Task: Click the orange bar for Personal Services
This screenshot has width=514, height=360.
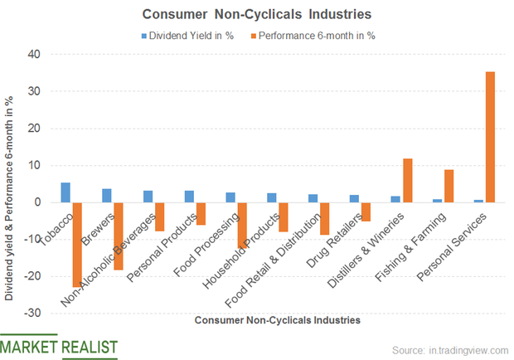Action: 490,137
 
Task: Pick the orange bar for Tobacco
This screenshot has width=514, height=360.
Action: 77,245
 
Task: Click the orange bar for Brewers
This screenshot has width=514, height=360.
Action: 118,236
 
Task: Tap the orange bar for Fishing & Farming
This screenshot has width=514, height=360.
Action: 449,186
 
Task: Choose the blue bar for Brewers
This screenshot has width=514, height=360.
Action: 107,196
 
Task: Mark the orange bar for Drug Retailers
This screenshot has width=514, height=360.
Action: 366,212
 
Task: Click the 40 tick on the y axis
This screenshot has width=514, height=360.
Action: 34,54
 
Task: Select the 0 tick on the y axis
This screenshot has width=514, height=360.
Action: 37,202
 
